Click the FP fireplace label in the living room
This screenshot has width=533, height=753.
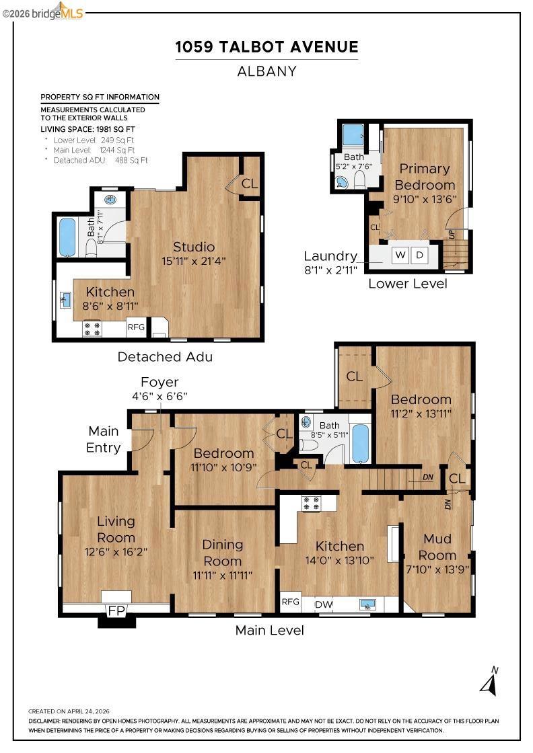116,611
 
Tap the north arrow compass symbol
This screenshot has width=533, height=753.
490,682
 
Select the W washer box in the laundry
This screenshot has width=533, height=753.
400,255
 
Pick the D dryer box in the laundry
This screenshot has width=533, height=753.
419,255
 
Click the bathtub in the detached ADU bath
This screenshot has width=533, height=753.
67,237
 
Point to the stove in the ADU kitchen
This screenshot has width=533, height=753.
92,329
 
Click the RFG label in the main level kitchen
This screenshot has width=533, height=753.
290,602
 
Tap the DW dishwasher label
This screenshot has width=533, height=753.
324,604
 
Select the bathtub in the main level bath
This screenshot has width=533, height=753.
360,443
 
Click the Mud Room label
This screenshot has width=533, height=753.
437,547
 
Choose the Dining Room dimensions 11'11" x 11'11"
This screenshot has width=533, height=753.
223,576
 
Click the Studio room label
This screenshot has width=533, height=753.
194,247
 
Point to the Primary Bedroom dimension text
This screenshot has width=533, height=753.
425,199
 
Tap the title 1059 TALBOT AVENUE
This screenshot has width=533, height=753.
266,47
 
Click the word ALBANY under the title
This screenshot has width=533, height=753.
266,71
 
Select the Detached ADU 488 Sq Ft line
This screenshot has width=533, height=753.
100,161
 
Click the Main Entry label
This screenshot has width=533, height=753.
104,440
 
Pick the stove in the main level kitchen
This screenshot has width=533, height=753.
310,504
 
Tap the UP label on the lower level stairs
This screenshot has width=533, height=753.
452,235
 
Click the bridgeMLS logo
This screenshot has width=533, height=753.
42,13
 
